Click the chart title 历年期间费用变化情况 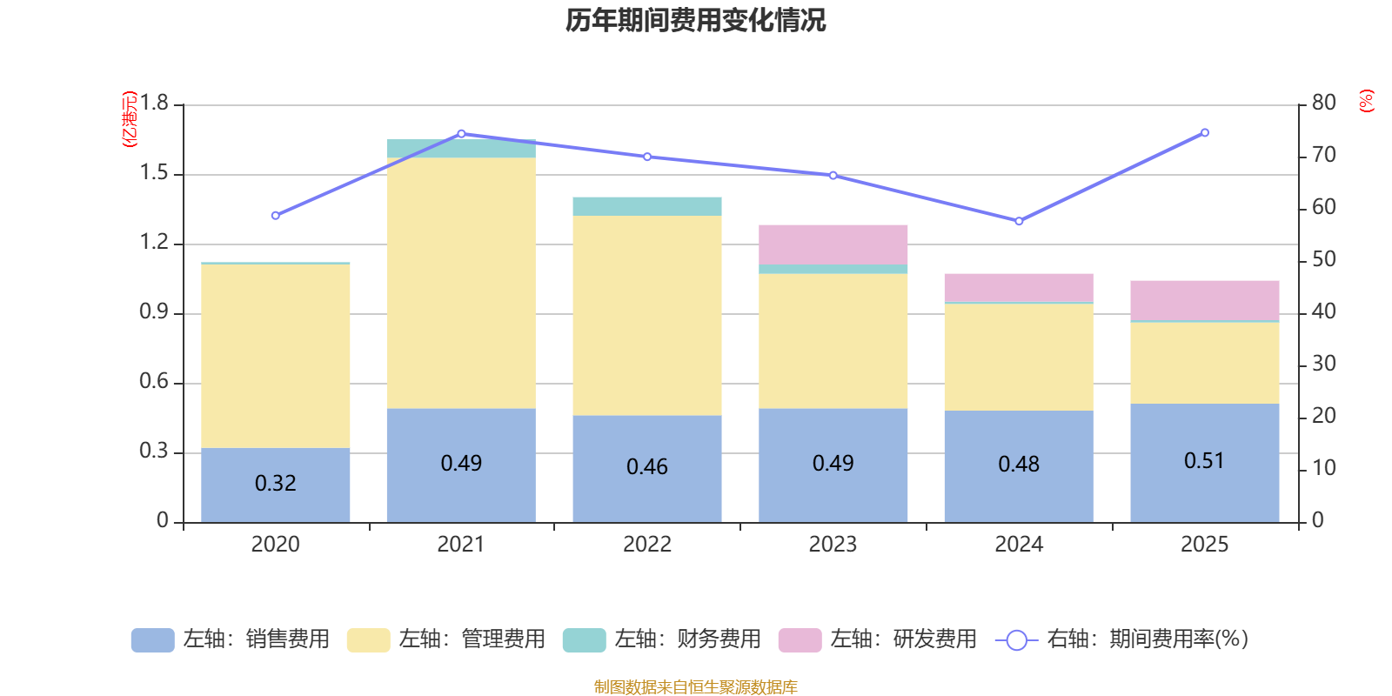tap(695, 20)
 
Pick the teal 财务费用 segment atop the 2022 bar tap(646, 206)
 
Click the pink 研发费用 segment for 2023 tap(833, 244)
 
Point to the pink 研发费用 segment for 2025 tap(1204, 300)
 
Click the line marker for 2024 tap(1019, 221)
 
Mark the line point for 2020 tap(275, 216)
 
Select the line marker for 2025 tap(1204, 133)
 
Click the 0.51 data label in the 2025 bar tap(1204, 460)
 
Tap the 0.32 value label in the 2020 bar tap(275, 483)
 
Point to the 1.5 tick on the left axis tap(154, 173)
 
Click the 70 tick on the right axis tap(1323, 155)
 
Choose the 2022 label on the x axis tap(646, 544)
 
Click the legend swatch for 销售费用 tap(152, 639)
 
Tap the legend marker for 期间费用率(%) tap(1015, 640)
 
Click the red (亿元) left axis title tap(130, 119)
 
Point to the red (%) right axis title tap(1366, 101)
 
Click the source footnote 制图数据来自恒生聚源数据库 tap(695, 687)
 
